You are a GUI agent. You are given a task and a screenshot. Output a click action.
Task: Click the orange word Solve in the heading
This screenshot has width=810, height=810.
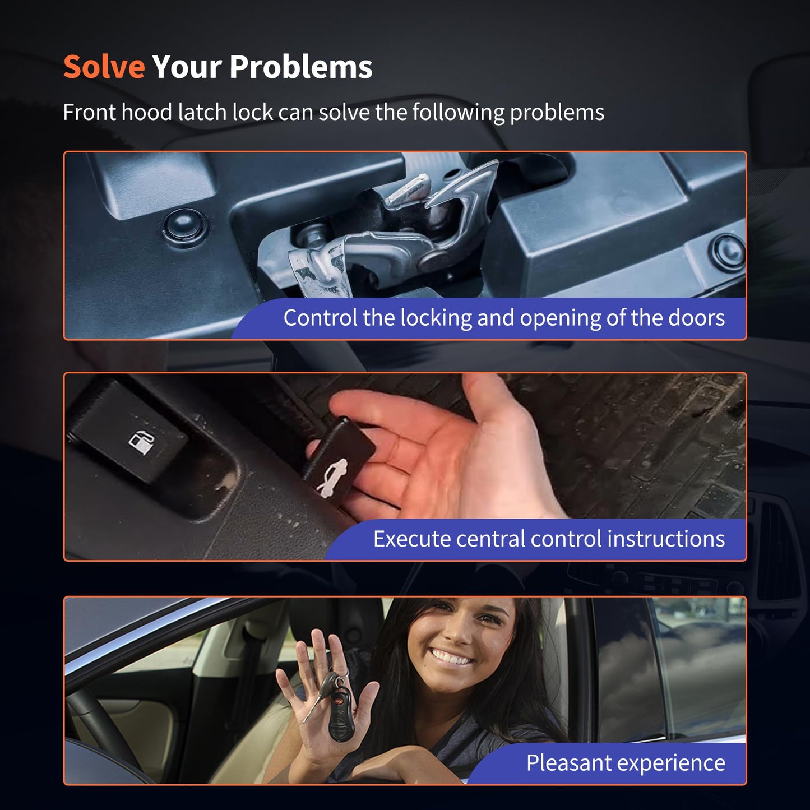point(104,67)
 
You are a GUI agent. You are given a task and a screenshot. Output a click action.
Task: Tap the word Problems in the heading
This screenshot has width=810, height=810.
point(301,67)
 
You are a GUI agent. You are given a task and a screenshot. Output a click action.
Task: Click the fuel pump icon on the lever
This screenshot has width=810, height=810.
point(141,441)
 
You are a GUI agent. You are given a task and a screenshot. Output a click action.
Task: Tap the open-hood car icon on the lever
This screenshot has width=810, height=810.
point(332,478)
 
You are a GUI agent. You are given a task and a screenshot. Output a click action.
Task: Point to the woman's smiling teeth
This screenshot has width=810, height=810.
point(450,656)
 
